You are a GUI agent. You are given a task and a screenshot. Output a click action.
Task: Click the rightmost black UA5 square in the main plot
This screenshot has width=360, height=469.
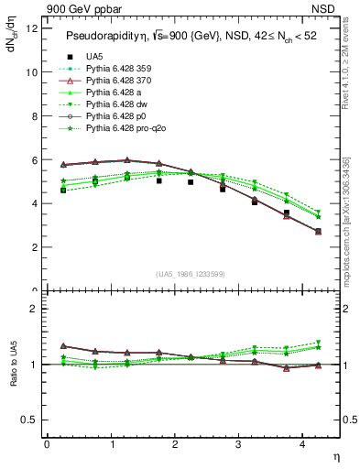[318, 231]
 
